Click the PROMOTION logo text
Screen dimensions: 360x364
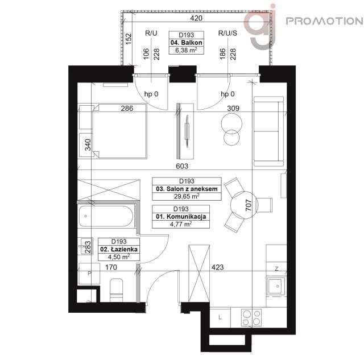coord(323,22)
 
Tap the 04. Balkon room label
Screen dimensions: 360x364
coord(187,43)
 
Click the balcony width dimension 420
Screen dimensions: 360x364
coord(196,18)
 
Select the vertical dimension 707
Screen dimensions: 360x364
coord(247,205)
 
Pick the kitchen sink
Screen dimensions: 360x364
coord(276,287)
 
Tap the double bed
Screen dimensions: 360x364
coord(113,131)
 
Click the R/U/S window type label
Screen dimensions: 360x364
coord(226,34)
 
